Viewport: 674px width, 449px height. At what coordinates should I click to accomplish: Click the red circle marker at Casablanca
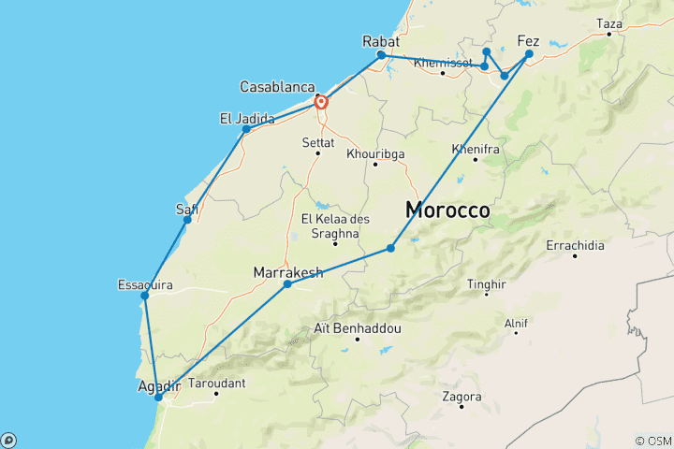tap(320, 102)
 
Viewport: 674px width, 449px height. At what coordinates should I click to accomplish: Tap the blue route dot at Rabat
tap(381, 55)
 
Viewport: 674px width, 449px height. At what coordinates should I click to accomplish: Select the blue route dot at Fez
tap(529, 54)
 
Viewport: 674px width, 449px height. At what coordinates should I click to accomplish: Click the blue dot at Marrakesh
tap(287, 283)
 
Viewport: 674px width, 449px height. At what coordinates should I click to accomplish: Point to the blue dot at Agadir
tap(158, 397)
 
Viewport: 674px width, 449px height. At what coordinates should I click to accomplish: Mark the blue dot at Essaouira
tap(144, 296)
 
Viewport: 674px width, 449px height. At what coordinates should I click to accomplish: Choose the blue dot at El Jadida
tap(246, 129)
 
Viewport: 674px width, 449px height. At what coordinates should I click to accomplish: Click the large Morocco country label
tap(447, 211)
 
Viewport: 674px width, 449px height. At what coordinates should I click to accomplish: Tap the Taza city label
tap(608, 23)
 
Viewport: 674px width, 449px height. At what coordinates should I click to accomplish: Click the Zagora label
tap(462, 397)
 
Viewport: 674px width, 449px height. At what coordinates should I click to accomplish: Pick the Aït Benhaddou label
tap(358, 329)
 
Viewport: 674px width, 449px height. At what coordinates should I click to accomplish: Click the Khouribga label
tap(374, 153)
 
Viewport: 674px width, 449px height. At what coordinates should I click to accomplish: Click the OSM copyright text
tap(652, 441)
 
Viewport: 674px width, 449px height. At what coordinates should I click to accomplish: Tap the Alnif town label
tap(516, 324)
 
